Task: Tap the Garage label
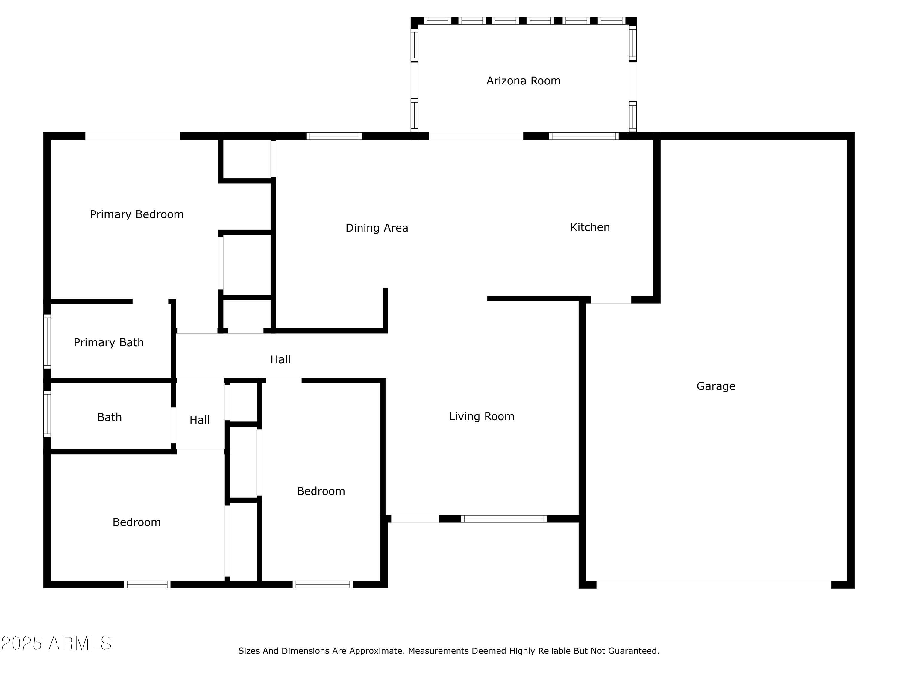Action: coord(716,386)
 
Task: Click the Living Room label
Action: coord(481,416)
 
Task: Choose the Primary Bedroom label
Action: coord(136,214)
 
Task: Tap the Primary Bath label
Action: coord(108,342)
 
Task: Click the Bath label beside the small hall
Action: coord(109,417)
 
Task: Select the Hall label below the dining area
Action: coord(280,359)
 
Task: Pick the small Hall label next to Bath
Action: coord(199,420)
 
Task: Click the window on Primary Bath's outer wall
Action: coord(47,342)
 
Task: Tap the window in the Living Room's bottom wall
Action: coord(503,519)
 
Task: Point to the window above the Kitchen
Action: coord(583,136)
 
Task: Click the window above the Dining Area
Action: coord(334,136)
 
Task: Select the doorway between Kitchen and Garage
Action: coord(611,300)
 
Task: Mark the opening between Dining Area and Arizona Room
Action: coord(476,136)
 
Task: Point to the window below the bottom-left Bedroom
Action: coord(147,584)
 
